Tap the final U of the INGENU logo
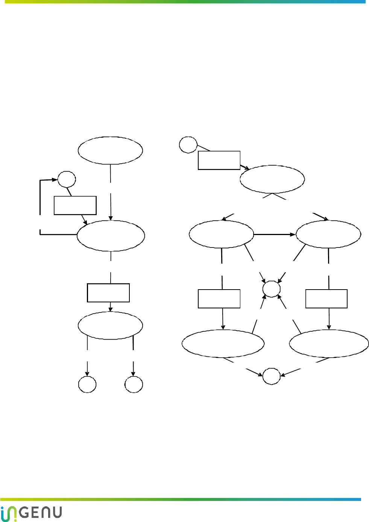coord(57,513)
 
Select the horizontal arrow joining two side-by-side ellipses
coord(275,234)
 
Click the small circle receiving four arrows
coord(271,289)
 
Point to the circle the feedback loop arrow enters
coord(67,179)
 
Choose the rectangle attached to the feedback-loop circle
coord(75,205)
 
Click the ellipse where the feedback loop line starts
coord(111,235)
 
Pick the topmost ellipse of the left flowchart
coord(110,150)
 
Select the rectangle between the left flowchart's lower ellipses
coord(108,293)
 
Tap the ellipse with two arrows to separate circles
coord(110,325)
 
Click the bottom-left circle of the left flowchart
coord(87,384)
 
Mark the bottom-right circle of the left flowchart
coord(134,384)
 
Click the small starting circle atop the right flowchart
coord(188,145)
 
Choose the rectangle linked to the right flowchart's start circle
coord(219,160)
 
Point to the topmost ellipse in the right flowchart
coord(272,179)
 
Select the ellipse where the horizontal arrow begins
coord(221,234)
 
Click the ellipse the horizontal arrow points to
coord(328,234)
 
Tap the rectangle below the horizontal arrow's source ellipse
coord(219,299)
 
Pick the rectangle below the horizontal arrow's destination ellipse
coord(326,299)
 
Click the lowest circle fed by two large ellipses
coord(271,376)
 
